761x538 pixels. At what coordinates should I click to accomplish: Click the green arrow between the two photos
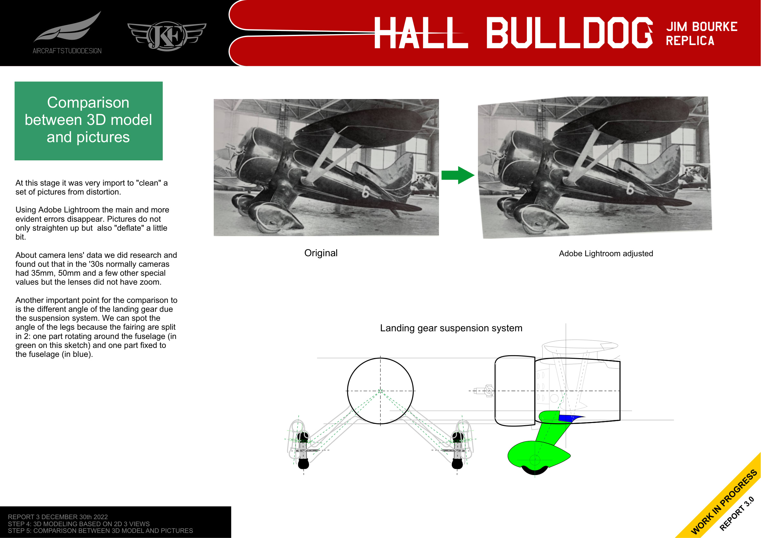coord(458,175)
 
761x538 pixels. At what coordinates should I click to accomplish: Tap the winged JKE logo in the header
coord(167,36)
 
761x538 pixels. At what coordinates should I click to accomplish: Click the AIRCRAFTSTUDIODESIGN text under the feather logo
coord(67,51)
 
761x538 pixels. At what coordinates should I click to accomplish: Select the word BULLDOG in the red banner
coord(569,33)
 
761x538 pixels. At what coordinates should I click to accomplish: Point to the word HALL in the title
coord(421,33)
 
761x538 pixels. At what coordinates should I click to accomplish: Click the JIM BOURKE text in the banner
coord(702,27)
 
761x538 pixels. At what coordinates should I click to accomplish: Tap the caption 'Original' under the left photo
coord(320,253)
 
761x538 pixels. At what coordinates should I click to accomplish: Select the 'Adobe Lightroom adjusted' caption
coord(605,254)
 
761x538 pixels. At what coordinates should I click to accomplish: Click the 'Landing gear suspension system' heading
coord(451,328)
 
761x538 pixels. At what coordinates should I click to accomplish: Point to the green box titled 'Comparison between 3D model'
coord(88,121)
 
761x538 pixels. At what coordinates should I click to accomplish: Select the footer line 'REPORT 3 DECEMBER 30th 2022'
coord(58,517)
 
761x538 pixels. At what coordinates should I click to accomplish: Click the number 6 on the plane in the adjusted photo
coord(630,188)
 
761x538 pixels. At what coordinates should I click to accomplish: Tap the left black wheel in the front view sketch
coord(303,464)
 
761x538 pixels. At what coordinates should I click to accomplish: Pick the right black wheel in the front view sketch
coord(457,464)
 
